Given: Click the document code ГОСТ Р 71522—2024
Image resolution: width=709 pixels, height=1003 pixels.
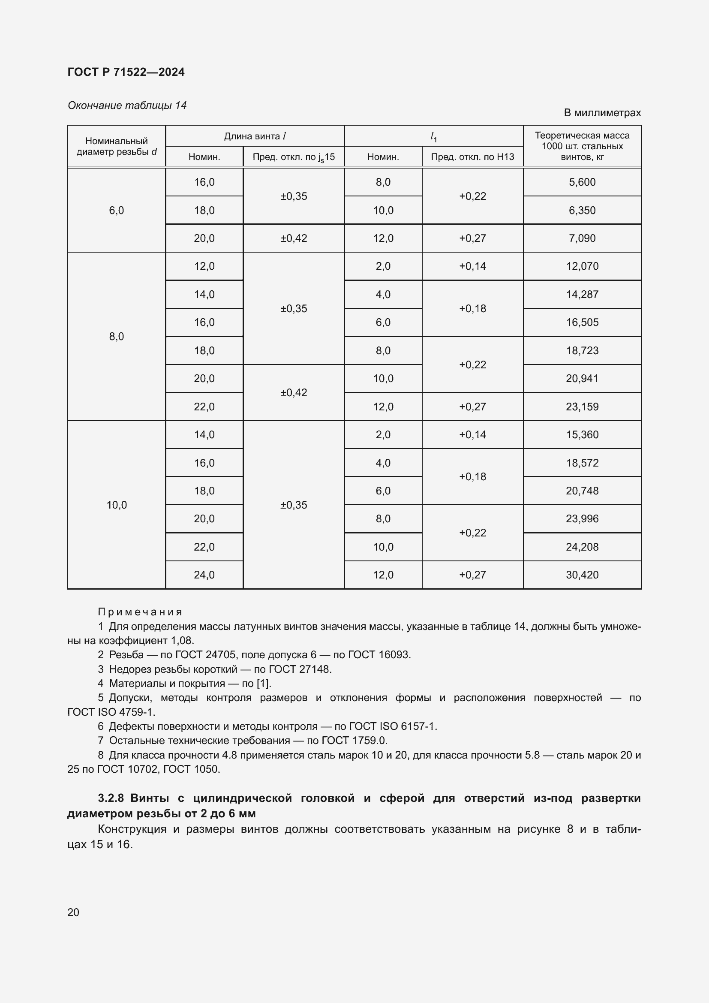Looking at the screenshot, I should (126, 72).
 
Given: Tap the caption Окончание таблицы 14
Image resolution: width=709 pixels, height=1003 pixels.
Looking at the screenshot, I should (126, 105).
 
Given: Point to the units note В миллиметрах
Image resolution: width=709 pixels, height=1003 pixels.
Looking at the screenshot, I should (602, 113).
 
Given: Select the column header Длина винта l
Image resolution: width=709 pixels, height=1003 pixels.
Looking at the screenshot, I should (255, 136).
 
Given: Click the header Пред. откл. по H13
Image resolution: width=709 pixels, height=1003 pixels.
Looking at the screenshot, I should (472, 157).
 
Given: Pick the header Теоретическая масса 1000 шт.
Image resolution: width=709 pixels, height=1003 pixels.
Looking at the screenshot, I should (582, 146).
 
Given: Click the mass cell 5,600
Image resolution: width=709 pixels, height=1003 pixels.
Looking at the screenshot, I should (582, 182).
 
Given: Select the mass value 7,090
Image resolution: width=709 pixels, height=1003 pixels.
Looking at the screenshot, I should (582, 238).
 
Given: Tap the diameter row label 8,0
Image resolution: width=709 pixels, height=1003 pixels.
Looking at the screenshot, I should (117, 336).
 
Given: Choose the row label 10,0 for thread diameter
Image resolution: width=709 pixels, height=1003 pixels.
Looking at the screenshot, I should (117, 505).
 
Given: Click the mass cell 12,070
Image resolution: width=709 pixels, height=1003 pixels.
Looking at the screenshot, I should (582, 266).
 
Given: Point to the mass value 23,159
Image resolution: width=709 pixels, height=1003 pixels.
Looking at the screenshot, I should (582, 407).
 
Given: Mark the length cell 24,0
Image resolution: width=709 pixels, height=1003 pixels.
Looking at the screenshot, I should (204, 575).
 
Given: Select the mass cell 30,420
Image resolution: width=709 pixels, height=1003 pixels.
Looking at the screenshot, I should (582, 575).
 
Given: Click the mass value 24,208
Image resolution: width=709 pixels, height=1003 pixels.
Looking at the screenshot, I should (582, 547).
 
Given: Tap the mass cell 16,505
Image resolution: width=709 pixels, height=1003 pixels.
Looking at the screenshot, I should (582, 322).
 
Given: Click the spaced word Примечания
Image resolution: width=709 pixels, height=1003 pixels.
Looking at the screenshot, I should (140, 611).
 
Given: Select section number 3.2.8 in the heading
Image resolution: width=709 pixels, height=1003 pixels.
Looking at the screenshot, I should (111, 798).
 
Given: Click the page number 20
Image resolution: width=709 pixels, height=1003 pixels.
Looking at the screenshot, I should (73, 912).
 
